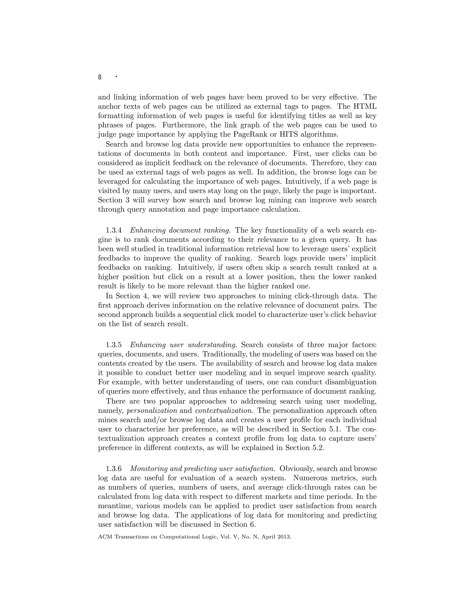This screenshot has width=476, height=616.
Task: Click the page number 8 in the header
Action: click(99, 77)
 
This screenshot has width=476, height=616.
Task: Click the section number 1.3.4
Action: click(114, 230)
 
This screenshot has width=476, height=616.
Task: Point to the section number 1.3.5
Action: click(114, 345)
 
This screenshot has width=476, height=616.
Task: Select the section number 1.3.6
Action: click(114, 468)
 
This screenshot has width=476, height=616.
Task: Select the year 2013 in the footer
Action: click(284, 537)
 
